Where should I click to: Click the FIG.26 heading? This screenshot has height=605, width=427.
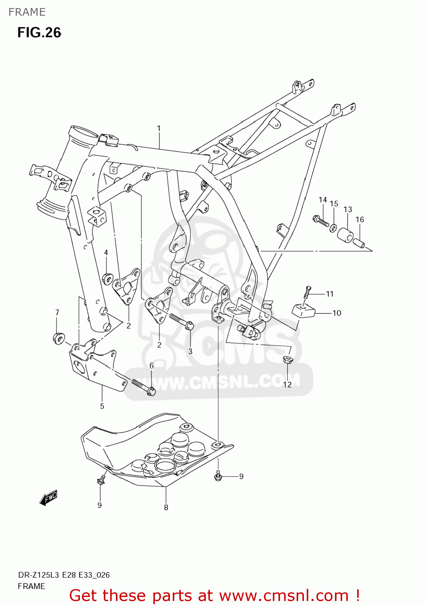click(39, 32)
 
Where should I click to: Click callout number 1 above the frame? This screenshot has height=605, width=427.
click(159, 128)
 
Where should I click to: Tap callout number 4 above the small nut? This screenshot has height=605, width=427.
click(106, 252)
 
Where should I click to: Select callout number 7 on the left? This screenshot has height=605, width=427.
click(57, 312)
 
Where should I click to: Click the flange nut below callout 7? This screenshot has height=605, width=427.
click(58, 338)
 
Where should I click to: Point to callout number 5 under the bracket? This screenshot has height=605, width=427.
click(102, 406)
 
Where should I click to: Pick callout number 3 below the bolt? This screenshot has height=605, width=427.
click(190, 351)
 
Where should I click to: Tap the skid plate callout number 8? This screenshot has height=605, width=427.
click(166, 507)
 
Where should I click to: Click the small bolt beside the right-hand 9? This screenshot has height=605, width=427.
click(218, 476)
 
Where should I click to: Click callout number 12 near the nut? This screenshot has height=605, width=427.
click(287, 385)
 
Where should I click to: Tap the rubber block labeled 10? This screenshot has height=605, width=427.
click(303, 310)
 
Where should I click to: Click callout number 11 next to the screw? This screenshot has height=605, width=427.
click(330, 294)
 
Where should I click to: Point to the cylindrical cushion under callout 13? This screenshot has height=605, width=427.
click(345, 235)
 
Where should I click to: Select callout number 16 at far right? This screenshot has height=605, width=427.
click(360, 219)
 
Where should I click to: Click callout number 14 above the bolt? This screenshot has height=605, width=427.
click(322, 200)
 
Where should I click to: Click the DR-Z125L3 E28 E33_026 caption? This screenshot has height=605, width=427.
click(64, 575)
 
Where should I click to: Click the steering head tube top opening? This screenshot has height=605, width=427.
click(84, 133)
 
